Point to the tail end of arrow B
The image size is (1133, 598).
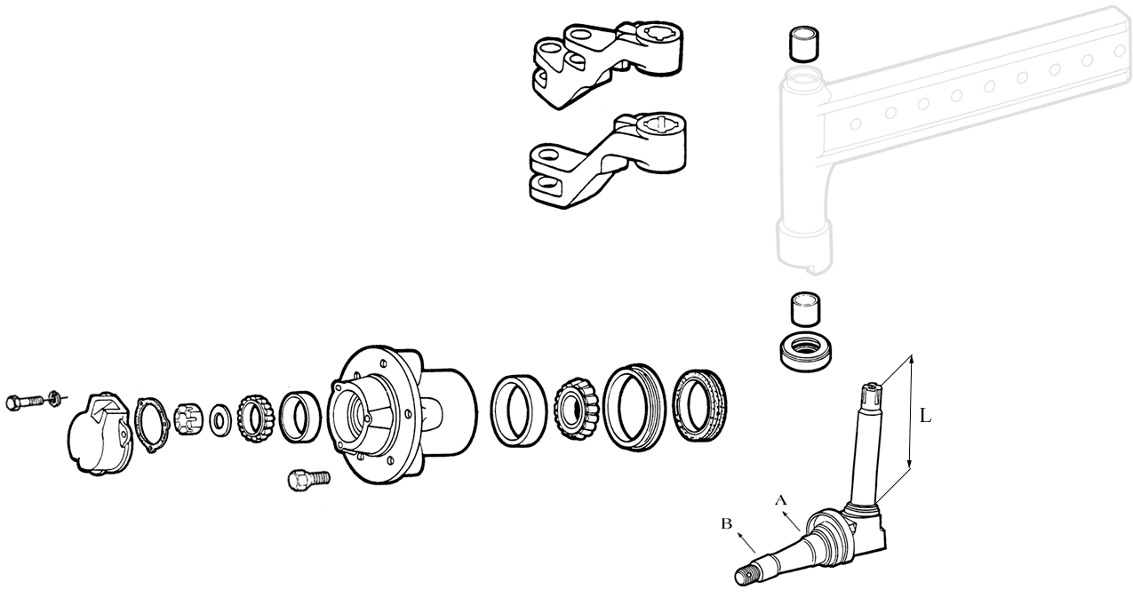(x=754, y=552)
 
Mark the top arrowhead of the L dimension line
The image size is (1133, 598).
(x=912, y=355)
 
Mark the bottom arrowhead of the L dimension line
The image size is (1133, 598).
(x=910, y=468)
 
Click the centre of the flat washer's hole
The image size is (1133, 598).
(x=220, y=420)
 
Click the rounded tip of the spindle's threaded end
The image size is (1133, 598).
(x=738, y=578)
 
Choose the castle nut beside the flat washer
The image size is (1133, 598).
(x=188, y=418)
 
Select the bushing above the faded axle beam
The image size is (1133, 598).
(x=803, y=44)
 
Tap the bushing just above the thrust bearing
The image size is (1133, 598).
(x=805, y=308)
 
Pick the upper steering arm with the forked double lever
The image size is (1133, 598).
(x=608, y=65)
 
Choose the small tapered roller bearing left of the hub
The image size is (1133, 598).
(x=255, y=419)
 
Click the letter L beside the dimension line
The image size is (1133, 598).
(x=925, y=416)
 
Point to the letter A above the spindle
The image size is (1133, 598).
(x=781, y=501)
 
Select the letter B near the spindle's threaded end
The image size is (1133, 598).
(x=727, y=523)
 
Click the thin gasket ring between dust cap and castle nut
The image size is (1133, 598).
(x=151, y=425)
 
